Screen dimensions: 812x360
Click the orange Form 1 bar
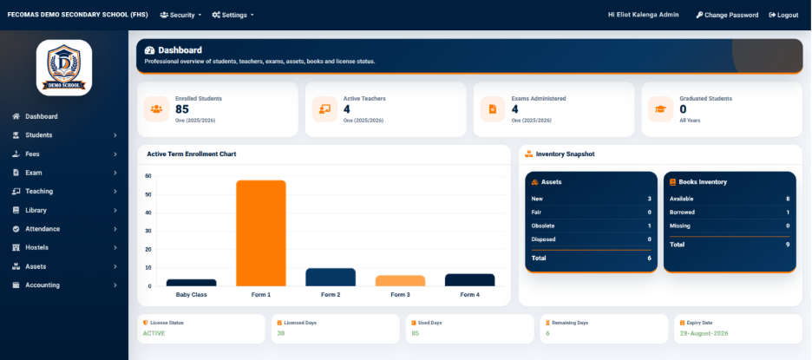(x=261, y=233)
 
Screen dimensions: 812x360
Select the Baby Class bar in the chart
(x=191, y=283)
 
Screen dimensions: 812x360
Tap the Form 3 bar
(x=400, y=281)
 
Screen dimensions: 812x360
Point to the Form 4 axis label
(x=469, y=295)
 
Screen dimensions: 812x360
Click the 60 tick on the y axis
(x=148, y=176)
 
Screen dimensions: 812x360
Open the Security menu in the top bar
(x=180, y=15)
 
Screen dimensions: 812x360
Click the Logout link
(x=783, y=15)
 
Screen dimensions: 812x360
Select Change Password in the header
(x=727, y=15)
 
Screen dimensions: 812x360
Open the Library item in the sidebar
(x=36, y=210)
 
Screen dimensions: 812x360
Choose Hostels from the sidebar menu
(x=36, y=247)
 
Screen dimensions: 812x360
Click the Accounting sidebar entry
(x=43, y=285)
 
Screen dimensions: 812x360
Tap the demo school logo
(x=64, y=68)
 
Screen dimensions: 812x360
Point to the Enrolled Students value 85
(x=182, y=109)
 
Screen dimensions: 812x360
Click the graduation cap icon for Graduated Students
(x=661, y=109)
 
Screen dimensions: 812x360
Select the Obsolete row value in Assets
(x=650, y=226)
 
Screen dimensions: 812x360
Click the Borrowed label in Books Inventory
(x=682, y=213)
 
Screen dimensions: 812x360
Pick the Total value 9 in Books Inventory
(x=788, y=245)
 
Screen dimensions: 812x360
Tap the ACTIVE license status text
(x=154, y=334)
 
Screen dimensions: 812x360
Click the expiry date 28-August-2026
(x=704, y=334)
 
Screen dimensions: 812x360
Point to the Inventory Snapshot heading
(x=565, y=154)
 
